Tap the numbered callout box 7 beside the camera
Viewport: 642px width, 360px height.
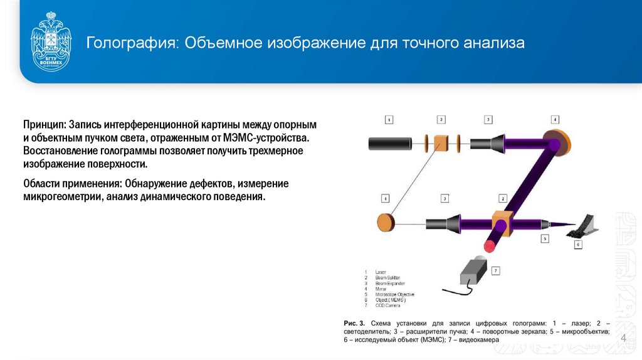coord(496,271)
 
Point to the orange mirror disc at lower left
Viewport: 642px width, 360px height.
coord(386,223)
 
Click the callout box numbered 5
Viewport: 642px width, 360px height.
coord(545,238)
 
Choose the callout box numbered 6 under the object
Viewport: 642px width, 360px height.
coord(577,244)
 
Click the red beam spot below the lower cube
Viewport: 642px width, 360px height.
coord(490,245)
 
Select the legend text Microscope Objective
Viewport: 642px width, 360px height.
coord(394,294)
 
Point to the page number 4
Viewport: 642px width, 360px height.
coord(624,339)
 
